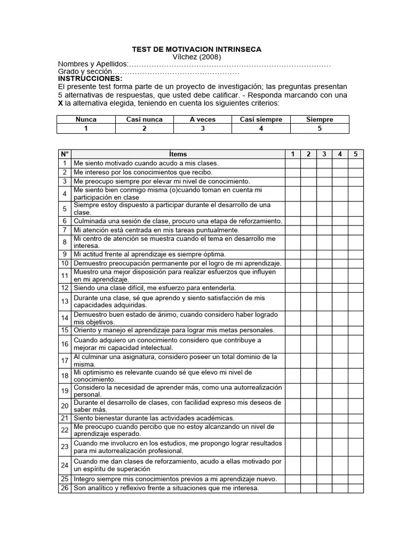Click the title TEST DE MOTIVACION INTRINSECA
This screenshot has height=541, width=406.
click(x=196, y=49)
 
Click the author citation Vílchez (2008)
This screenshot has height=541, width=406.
click(x=197, y=57)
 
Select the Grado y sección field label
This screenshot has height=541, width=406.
click(x=85, y=71)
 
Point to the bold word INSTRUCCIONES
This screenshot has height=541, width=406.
click(x=90, y=79)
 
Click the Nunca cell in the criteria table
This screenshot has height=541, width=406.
click(x=86, y=119)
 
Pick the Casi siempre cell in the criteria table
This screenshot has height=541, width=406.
click(x=261, y=119)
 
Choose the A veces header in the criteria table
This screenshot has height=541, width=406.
click(x=203, y=119)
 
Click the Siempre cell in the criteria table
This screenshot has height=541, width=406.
click(x=320, y=119)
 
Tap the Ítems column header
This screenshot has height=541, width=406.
click(x=178, y=154)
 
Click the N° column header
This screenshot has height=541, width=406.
click(x=64, y=154)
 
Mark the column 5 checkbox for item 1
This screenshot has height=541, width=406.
click(x=355, y=163)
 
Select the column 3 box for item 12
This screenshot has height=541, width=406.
click(x=324, y=288)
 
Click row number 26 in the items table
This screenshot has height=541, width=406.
click(x=64, y=488)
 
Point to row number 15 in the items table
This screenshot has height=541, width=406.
click(x=64, y=330)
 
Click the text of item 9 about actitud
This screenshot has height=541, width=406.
click(x=150, y=254)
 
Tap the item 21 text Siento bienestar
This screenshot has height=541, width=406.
click(x=154, y=418)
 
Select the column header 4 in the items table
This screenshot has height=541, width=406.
click(x=339, y=154)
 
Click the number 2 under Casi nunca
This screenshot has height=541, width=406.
click(x=144, y=128)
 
